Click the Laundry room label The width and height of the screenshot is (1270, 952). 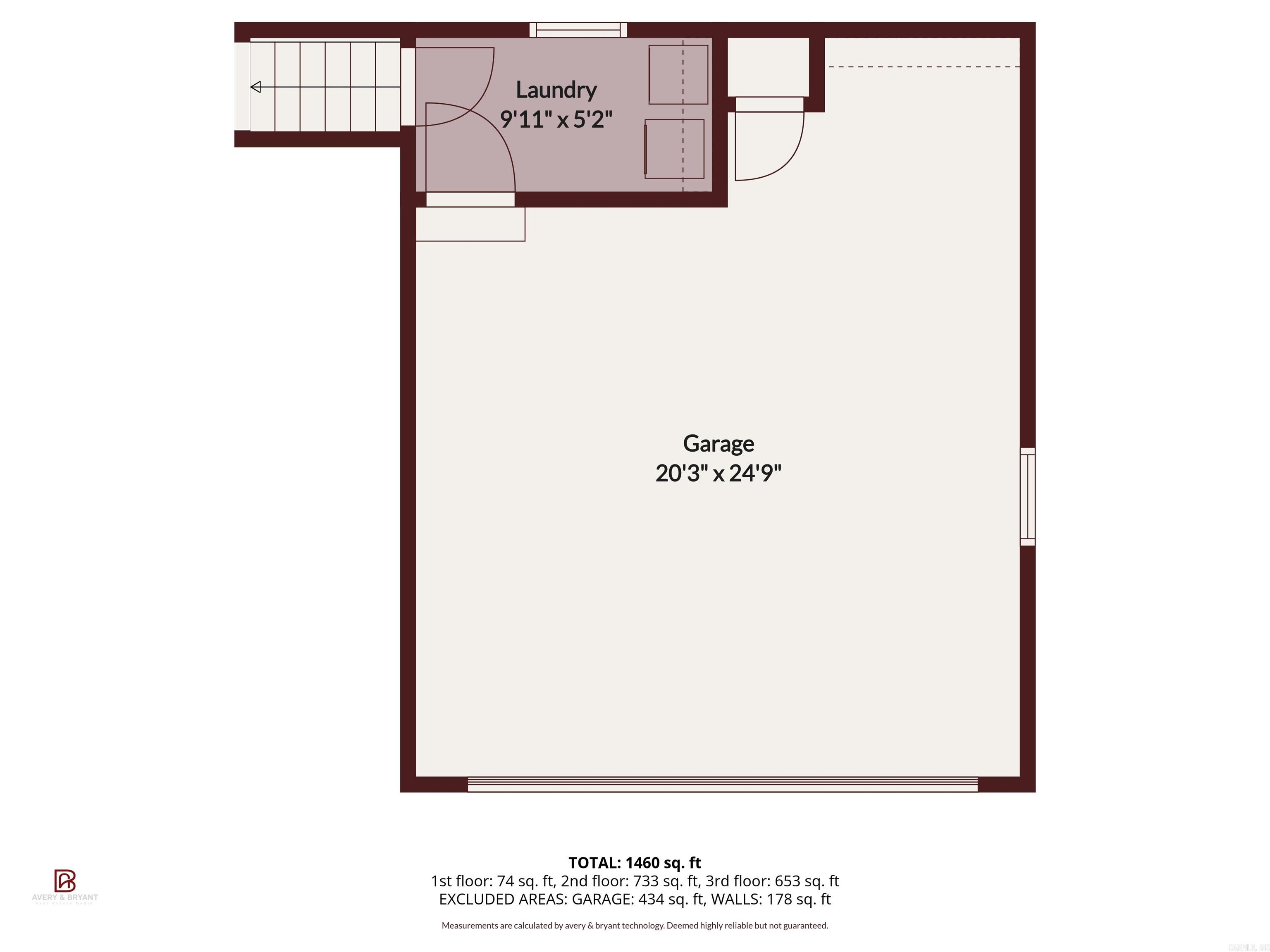pyautogui.click(x=556, y=90)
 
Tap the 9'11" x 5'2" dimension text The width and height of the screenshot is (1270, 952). pyautogui.click(x=556, y=119)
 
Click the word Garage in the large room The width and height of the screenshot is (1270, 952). pyautogui.click(x=718, y=444)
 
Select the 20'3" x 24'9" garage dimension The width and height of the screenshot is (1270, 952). pyautogui.click(x=718, y=474)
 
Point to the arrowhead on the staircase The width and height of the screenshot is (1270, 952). pyautogui.click(x=256, y=87)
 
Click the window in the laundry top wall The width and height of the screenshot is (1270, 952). pyautogui.click(x=578, y=30)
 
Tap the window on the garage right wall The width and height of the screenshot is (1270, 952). pyautogui.click(x=1027, y=496)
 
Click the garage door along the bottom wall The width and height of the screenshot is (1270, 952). pyautogui.click(x=722, y=784)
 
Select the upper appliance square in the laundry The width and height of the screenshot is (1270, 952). pyautogui.click(x=678, y=75)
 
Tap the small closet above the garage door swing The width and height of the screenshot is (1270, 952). pyautogui.click(x=768, y=67)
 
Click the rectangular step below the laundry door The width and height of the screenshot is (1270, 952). pyautogui.click(x=470, y=224)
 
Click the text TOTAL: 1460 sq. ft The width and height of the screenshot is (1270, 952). pyautogui.click(x=635, y=862)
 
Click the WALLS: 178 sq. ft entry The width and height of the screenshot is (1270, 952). pyautogui.click(x=771, y=899)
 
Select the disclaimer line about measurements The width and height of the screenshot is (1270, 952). pyautogui.click(x=635, y=926)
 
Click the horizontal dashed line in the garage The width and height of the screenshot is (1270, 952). pyautogui.click(x=923, y=67)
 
